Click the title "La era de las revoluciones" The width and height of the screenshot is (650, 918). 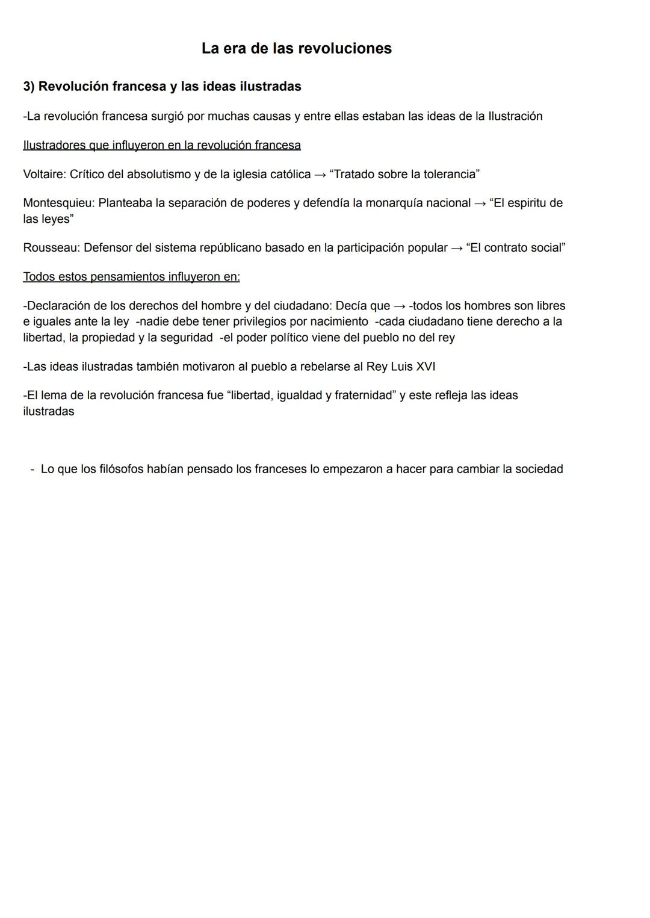(x=296, y=48)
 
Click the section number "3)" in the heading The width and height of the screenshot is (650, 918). (x=29, y=87)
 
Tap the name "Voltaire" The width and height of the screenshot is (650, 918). (x=43, y=175)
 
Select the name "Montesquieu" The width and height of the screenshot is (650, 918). (x=58, y=203)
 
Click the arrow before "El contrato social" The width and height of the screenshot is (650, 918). (x=457, y=248)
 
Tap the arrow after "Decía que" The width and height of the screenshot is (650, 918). (x=400, y=306)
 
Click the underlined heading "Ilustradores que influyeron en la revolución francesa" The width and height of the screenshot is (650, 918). (x=162, y=145)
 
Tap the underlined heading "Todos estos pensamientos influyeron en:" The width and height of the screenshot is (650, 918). (x=131, y=277)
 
